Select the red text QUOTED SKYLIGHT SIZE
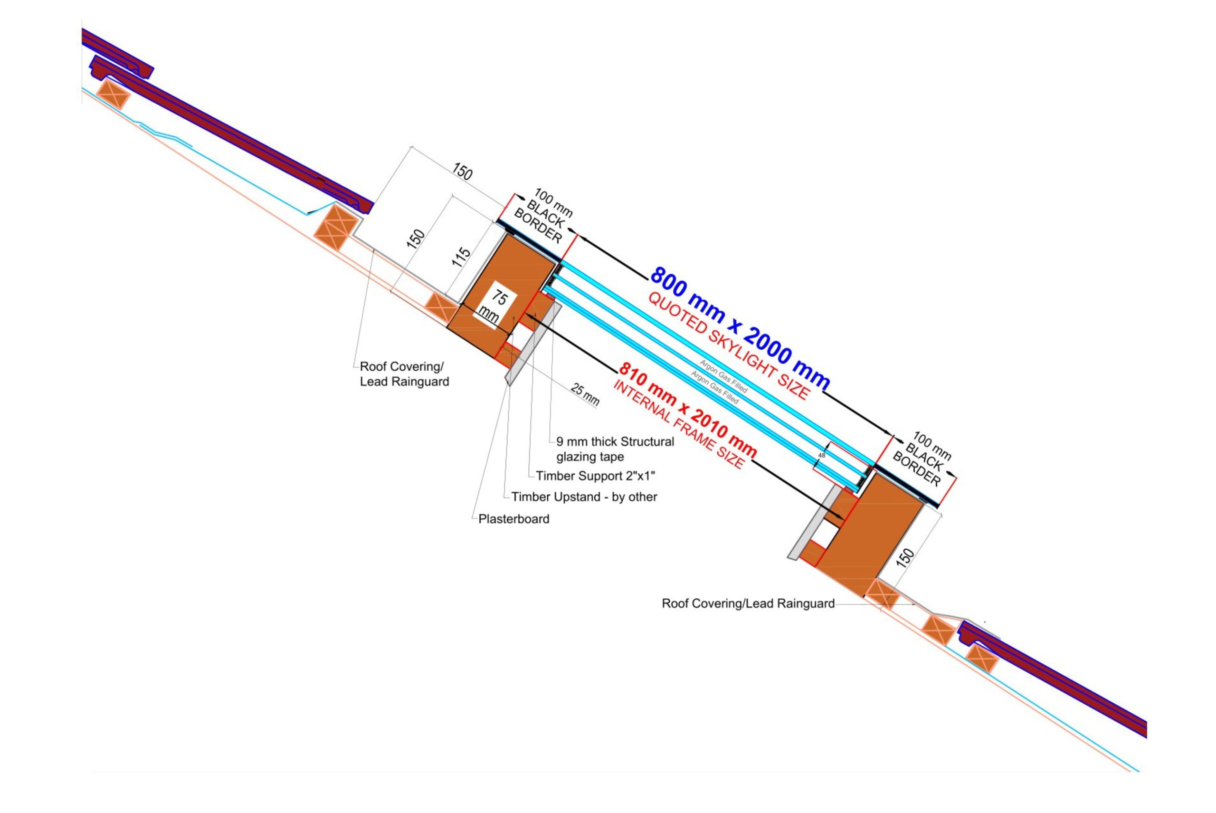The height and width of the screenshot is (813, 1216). tap(728, 346)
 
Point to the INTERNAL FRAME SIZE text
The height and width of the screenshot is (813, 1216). tap(679, 425)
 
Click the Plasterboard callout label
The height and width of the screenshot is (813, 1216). tap(513, 519)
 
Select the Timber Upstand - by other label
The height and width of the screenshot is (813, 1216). tap(584, 497)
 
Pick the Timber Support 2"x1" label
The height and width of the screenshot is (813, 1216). tap(595, 476)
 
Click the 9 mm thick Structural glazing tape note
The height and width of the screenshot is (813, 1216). tap(615, 449)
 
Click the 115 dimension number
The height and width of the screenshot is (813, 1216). tap(461, 257)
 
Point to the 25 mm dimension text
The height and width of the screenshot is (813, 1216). tap(585, 394)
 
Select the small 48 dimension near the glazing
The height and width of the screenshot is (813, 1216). tap(822, 455)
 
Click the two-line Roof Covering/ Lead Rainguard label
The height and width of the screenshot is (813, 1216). tap(404, 374)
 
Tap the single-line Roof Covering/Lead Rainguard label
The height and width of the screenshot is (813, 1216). tap(748, 603)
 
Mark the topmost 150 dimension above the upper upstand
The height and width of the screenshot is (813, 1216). tap(462, 171)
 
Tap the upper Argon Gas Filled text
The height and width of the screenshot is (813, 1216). tap(723, 376)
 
